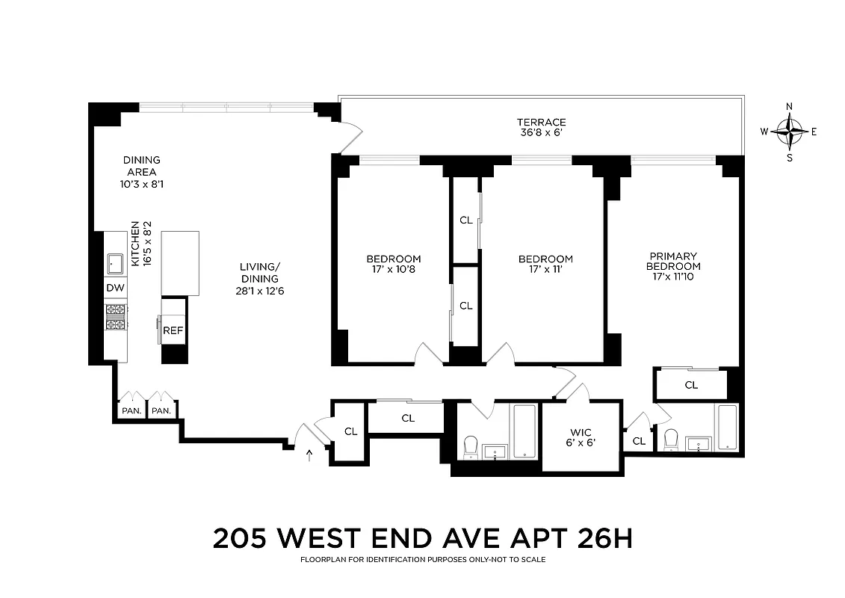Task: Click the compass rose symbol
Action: (x=789, y=132)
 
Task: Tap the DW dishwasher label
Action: (x=114, y=288)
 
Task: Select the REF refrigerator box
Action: (x=173, y=330)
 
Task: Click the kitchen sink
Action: (x=115, y=262)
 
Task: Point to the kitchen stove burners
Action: (x=115, y=316)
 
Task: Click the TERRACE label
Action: (x=541, y=123)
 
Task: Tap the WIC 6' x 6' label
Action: (x=581, y=437)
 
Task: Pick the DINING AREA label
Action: (x=141, y=165)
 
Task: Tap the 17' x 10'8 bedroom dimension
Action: (x=393, y=269)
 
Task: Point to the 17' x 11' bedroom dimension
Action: (x=545, y=269)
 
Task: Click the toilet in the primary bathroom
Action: (x=670, y=439)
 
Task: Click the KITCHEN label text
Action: (x=136, y=243)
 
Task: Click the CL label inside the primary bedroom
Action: (x=691, y=385)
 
